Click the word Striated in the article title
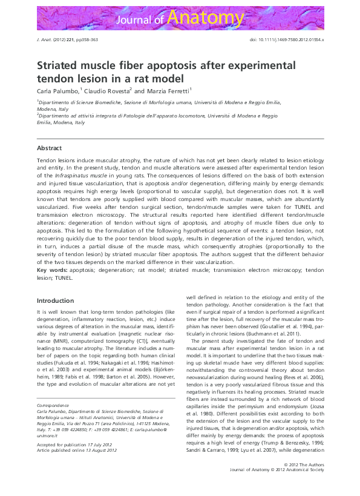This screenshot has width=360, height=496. (61, 65)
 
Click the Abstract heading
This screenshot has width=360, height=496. (49, 148)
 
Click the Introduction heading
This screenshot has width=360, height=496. (55, 300)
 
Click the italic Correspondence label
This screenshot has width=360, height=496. (53, 403)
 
